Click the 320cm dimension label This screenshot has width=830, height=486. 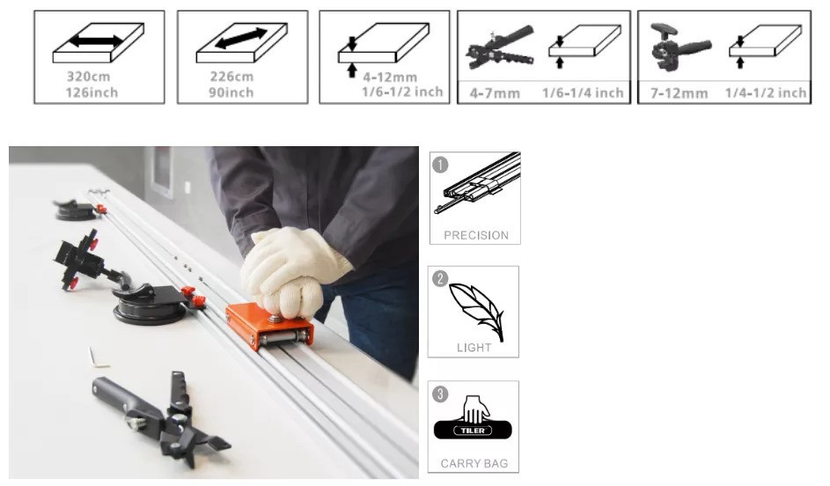pos(88,77)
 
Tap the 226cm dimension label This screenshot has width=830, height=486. pos(231,77)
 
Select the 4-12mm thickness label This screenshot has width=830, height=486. pos(390,77)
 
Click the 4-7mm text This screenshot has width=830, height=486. pos(495,93)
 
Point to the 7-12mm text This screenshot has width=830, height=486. pos(679,93)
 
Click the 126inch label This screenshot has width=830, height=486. pos(92,92)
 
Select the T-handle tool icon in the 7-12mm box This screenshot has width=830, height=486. pos(680,46)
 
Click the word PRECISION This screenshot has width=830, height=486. pos(476,235)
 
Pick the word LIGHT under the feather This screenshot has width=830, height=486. pos(474,348)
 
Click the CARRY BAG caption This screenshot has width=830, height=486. pos(474,464)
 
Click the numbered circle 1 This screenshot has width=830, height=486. pos(440,165)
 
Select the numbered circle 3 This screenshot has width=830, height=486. pos(440,394)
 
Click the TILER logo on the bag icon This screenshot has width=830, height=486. pos(473,431)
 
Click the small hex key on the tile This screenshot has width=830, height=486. pos(99,357)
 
